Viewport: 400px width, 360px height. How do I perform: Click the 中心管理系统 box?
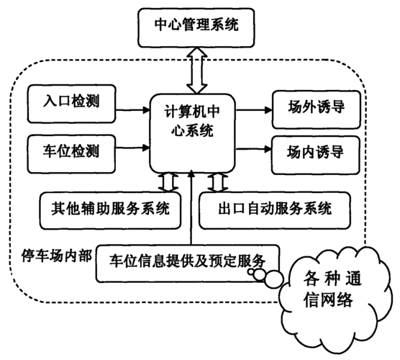[x=196, y=27]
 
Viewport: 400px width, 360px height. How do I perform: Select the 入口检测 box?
[x=72, y=104]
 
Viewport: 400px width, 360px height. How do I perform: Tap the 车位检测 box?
[x=71, y=154]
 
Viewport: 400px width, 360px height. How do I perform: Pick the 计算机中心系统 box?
[x=192, y=133]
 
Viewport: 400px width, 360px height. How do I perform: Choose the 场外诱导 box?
[x=317, y=109]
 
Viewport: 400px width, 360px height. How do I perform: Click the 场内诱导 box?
[x=316, y=155]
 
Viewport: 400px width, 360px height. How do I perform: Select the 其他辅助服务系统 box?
[x=110, y=210]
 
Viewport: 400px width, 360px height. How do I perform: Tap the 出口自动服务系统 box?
[x=275, y=210]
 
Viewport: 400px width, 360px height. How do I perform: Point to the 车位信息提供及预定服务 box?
[x=188, y=264]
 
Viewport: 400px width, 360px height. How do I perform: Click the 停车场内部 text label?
[x=56, y=256]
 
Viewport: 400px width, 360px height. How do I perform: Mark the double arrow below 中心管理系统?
[x=196, y=71]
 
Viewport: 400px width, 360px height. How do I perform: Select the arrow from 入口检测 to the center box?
[x=132, y=110]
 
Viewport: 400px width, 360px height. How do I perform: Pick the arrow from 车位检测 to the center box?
[x=132, y=148]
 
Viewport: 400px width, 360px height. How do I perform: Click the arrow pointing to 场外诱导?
[x=253, y=110]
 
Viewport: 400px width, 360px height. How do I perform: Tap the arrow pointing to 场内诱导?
[x=253, y=149]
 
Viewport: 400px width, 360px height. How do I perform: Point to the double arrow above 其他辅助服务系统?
[x=168, y=182]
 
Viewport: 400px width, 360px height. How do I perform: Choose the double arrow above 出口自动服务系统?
[x=217, y=182]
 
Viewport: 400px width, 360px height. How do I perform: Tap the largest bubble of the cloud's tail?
[x=273, y=279]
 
